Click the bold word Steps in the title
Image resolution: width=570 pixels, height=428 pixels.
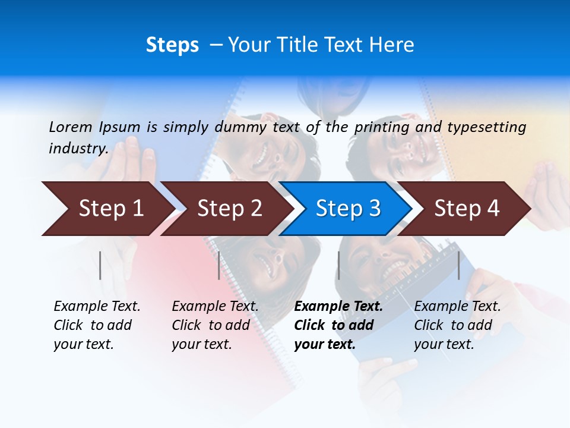[x=172, y=45]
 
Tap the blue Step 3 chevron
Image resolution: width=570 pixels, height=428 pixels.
[x=348, y=209]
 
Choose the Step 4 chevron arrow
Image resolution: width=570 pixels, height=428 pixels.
[x=467, y=209]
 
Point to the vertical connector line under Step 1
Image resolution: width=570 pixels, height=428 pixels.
[x=100, y=265]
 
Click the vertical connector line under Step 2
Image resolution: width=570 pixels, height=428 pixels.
[x=219, y=265]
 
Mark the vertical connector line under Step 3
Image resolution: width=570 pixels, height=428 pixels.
[x=338, y=265]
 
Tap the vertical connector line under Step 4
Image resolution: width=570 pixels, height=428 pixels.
[x=458, y=265]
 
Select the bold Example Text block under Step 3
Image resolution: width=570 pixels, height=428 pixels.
[x=338, y=325]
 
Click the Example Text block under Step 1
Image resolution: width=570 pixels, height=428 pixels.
[x=97, y=325]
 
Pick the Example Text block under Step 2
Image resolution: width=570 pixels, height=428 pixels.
[x=215, y=325]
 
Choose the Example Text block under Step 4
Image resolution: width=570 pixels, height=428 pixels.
[x=457, y=325]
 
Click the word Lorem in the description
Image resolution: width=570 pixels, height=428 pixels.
[x=71, y=127]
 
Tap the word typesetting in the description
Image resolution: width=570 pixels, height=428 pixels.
[x=486, y=127]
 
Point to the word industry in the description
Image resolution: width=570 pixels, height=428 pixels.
[x=78, y=149]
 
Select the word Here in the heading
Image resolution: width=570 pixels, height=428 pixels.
[x=392, y=45]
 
